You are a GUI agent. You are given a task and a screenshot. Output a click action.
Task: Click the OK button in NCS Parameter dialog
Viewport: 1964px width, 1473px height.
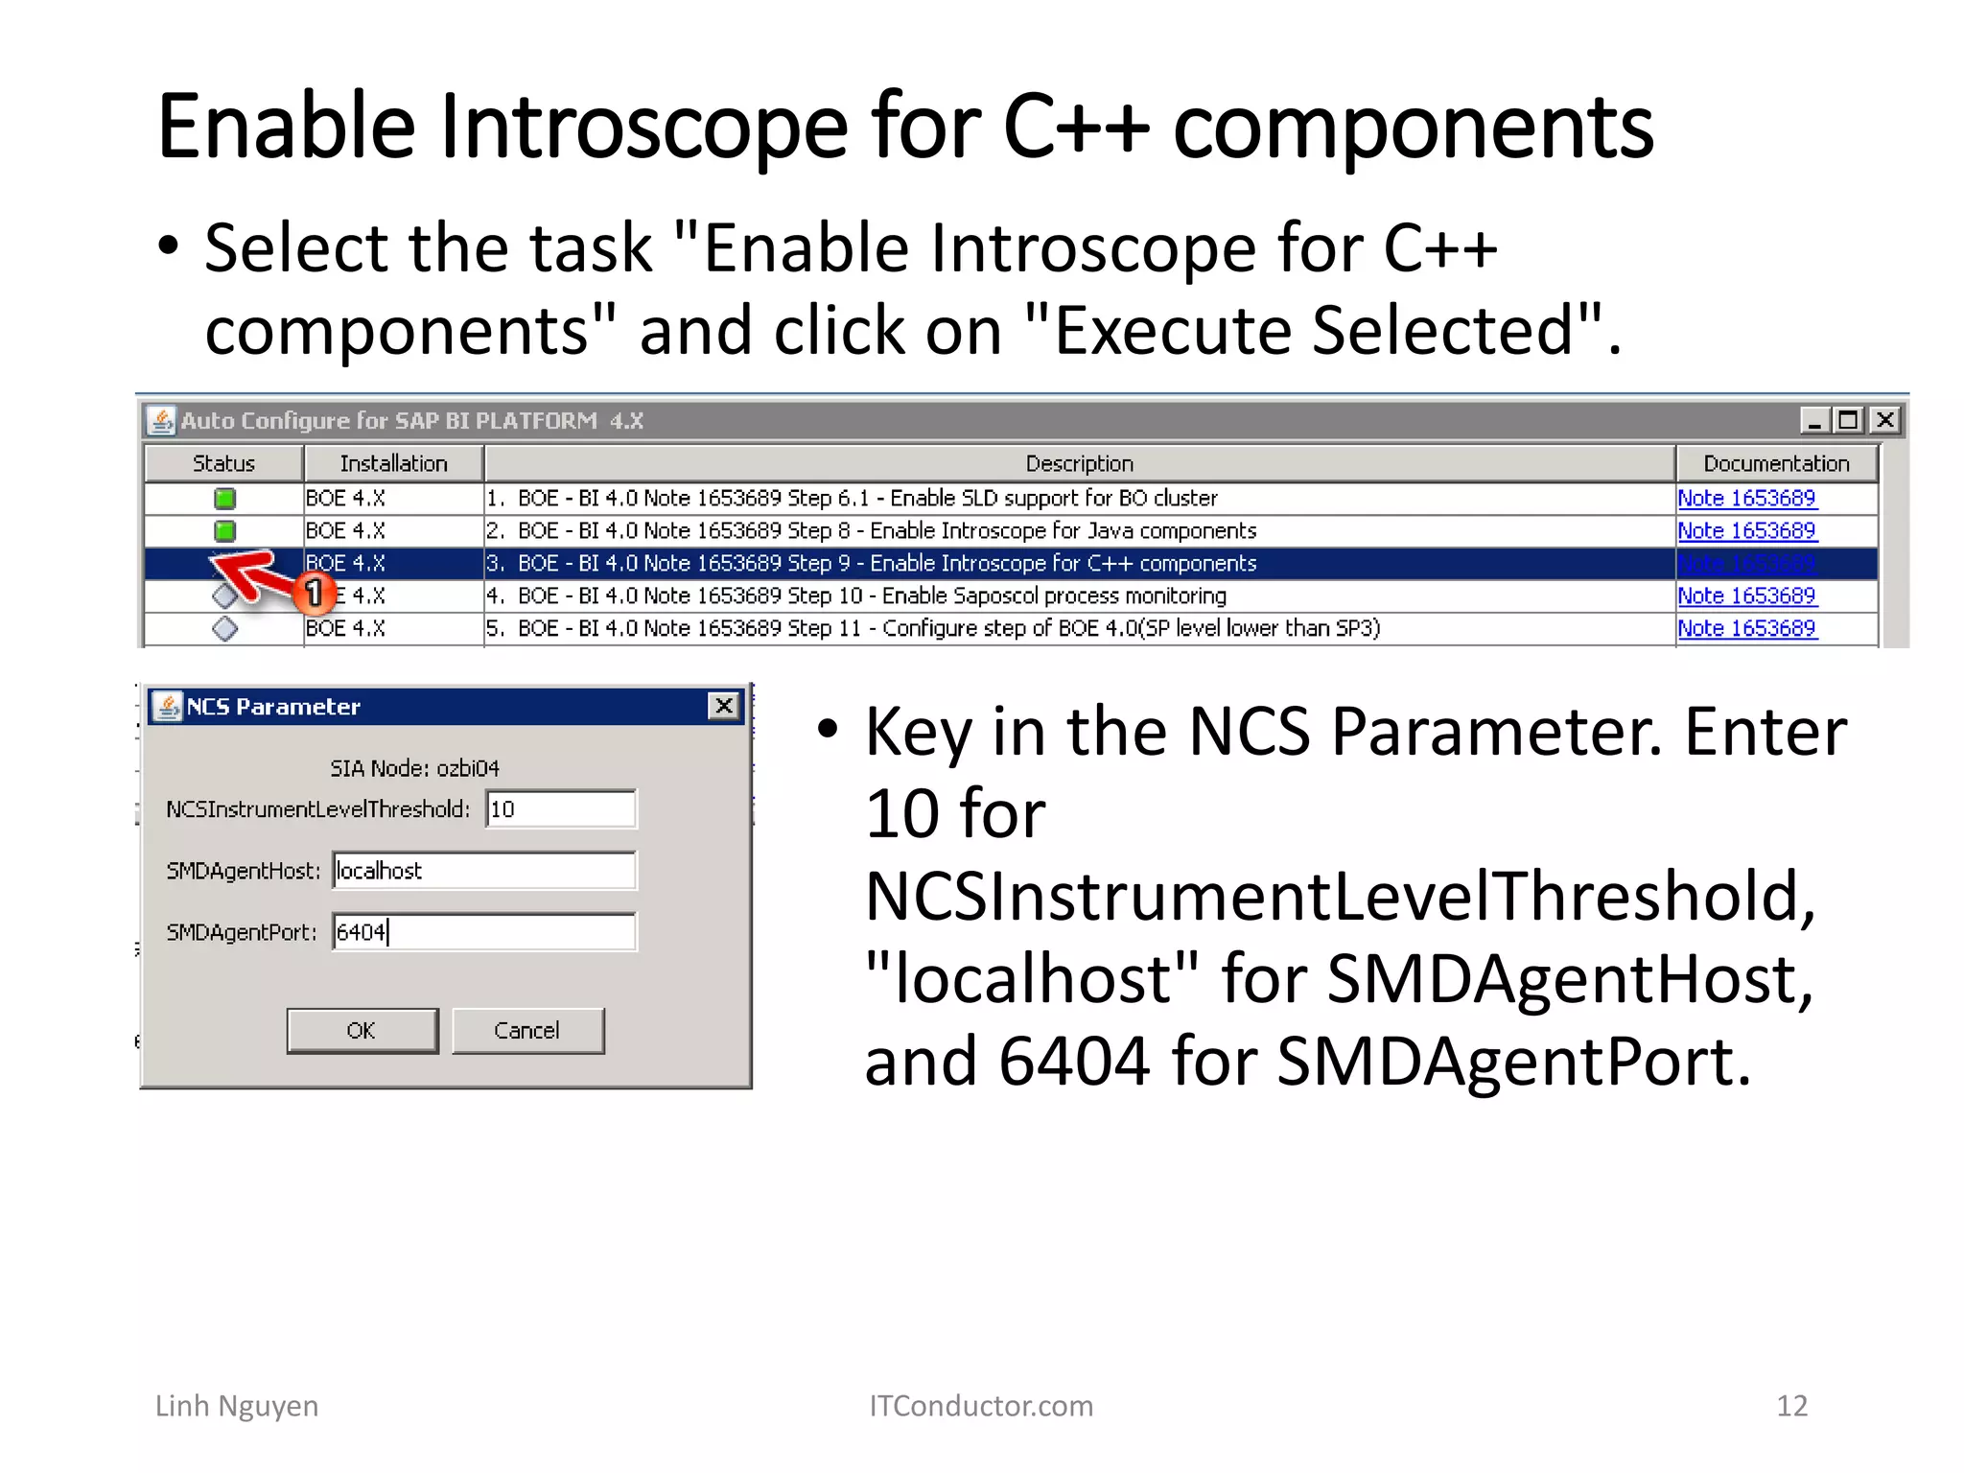[x=362, y=1030]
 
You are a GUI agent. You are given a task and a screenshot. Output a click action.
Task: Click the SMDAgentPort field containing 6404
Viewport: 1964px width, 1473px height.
[x=483, y=932]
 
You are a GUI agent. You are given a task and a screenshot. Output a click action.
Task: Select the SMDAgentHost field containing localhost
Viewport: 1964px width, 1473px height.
[x=483, y=871]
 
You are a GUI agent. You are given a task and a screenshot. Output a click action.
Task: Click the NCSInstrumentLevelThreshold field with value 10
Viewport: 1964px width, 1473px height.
[x=560, y=809]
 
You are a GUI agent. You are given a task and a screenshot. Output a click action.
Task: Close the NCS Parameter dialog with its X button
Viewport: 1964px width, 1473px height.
[x=724, y=707]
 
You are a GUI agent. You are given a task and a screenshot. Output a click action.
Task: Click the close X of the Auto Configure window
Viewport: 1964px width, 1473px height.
[x=1884, y=420]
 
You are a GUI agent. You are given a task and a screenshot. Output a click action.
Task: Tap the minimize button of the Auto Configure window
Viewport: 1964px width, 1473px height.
[x=1813, y=420]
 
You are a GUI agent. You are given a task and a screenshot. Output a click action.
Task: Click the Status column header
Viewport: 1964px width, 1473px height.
[x=223, y=464]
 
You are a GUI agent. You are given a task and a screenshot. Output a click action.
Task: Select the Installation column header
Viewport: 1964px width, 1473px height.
[x=393, y=464]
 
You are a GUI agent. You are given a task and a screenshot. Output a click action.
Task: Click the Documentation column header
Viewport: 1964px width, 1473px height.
[x=1775, y=464]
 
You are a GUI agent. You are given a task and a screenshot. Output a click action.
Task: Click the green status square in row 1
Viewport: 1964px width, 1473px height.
[x=224, y=499]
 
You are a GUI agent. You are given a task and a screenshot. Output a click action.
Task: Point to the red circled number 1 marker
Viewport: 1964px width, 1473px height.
[x=314, y=594]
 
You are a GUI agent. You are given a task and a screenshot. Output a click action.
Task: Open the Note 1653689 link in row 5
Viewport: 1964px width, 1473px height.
[x=1746, y=628]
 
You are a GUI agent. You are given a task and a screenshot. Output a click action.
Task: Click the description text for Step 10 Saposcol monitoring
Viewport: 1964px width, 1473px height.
[x=871, y=596]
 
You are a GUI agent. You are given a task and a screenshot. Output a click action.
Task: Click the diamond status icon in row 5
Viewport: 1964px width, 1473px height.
[x=224, y=629]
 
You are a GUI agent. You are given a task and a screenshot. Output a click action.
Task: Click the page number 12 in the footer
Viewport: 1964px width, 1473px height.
[x=1791, y=1406]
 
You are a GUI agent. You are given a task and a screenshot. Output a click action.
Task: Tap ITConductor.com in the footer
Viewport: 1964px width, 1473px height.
[x=980, y=1406]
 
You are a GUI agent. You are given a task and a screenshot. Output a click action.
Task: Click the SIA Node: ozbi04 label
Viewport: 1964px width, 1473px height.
[x=414, y=768]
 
